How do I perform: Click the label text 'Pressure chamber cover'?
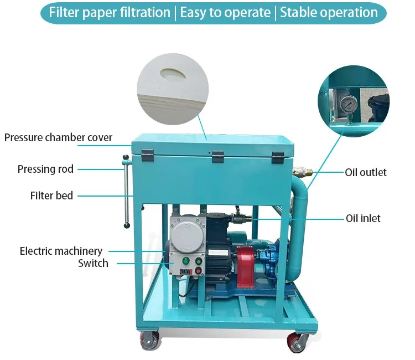point(58,137)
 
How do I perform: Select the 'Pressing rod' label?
point(45,169)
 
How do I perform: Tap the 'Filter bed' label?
point(51,195)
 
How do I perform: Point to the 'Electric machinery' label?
point(61,251)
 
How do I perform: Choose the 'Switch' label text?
point(93,263)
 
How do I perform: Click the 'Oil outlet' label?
point(366,172)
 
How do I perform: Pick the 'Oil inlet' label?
point(363,218)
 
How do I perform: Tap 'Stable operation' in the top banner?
point(329,13)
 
